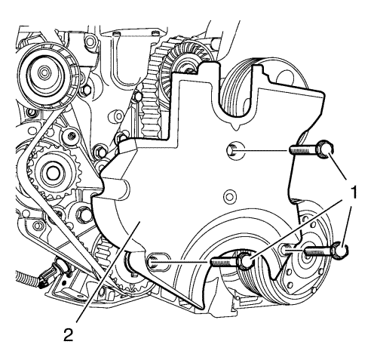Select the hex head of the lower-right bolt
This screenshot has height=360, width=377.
point(340,250)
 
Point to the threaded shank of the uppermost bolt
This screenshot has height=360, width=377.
point(304,150)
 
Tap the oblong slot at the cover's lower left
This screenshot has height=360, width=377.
point(156,262)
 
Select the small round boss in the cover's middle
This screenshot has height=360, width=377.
point(229,196)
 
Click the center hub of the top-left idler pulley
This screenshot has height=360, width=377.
point(44,73)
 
